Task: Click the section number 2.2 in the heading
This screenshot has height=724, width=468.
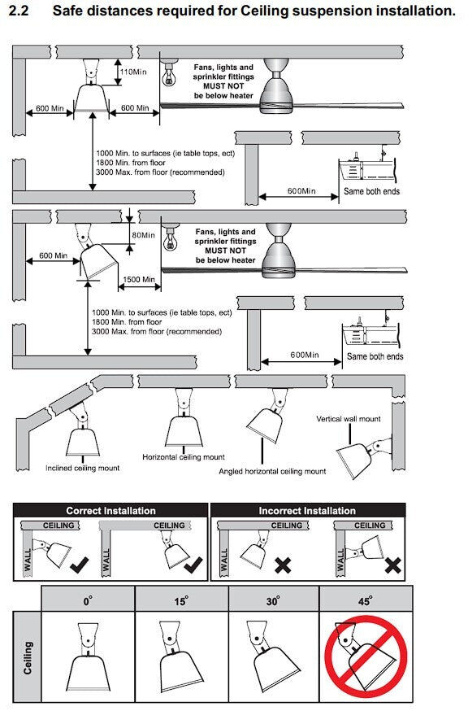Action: [19, 10]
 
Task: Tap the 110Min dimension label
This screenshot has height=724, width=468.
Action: [133, 72]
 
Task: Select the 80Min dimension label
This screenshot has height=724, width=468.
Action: [143, 235]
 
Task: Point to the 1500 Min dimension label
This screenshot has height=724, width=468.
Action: [139, 279]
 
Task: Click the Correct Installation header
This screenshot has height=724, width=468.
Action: [110, 511]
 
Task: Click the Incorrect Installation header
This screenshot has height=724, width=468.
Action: [307, 511]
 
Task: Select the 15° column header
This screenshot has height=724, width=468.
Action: [180, 600]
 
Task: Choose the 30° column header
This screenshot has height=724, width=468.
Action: [273, 600]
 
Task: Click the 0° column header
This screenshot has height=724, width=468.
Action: [88, 600]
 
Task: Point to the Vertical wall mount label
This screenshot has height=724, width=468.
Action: [349, 419]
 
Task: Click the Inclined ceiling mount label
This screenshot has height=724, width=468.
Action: [83, 468]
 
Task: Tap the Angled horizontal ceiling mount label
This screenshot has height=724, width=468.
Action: [272, 472]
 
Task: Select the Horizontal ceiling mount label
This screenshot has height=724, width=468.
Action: [184, 457]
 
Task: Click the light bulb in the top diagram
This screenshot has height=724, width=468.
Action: [170, 74]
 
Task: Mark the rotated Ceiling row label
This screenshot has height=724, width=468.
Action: [28, 657]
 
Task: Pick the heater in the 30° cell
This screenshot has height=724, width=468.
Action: [271, 656]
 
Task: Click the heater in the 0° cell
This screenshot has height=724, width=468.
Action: [88, 656]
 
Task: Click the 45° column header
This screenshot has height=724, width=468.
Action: [366, 600]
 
